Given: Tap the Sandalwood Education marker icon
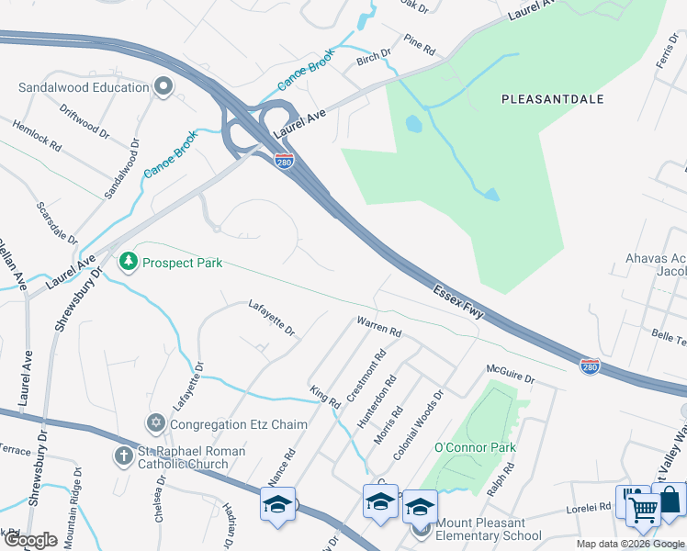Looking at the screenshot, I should click(164, 87).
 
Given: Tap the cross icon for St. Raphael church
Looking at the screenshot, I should click(124, 455).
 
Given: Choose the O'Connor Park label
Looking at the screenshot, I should click(475, 448).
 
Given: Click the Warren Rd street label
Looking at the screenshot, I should click(379, 326).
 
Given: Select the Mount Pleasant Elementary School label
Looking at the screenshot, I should click(488, 530).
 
